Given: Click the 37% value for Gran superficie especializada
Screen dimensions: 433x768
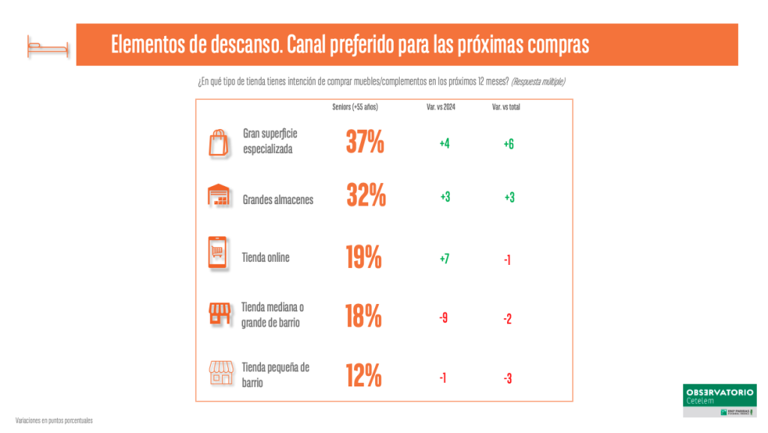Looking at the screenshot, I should pyautogui.click(x=364, y=142).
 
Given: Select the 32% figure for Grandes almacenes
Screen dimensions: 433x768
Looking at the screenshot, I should pyautogui.click(x=366, y=196).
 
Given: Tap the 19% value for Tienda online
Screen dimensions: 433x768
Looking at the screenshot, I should pyautogui.click(x=363, y=257).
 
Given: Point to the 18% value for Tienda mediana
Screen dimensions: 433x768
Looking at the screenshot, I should pyautogui.click(x=363, y=316).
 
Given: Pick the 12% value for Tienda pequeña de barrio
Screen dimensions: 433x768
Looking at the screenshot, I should pyautogui.click(x=363, y=374).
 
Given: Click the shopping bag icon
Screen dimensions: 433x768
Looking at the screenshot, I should pyautogui.click(x=218, y=142).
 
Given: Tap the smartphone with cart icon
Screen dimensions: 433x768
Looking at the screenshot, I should pyautogui.click(x=217, y=253).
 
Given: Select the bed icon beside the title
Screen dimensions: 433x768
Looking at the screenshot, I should pyautogui.click(x=46, y=47).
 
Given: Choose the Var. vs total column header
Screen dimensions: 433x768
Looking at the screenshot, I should pyautogui.click(x=505, y=107).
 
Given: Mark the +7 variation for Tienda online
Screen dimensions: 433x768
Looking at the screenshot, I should pyautogui.click(x=445, y=259).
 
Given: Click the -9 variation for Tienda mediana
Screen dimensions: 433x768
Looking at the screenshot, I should pyautogui.click(x=443, y=318).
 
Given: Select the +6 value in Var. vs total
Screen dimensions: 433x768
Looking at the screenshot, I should pyautogui.click(x=508, y=144).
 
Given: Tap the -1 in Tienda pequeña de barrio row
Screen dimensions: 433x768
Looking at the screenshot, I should pyautogui.click(x=443, y=378).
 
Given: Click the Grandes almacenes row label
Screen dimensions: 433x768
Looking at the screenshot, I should pyautogui.click(x=278, y=200).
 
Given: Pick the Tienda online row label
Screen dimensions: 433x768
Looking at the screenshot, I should pyautogui.click(x=265, y=257).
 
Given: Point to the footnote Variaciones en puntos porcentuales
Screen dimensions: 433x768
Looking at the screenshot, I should pyautogui.click(x=53, y=421).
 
